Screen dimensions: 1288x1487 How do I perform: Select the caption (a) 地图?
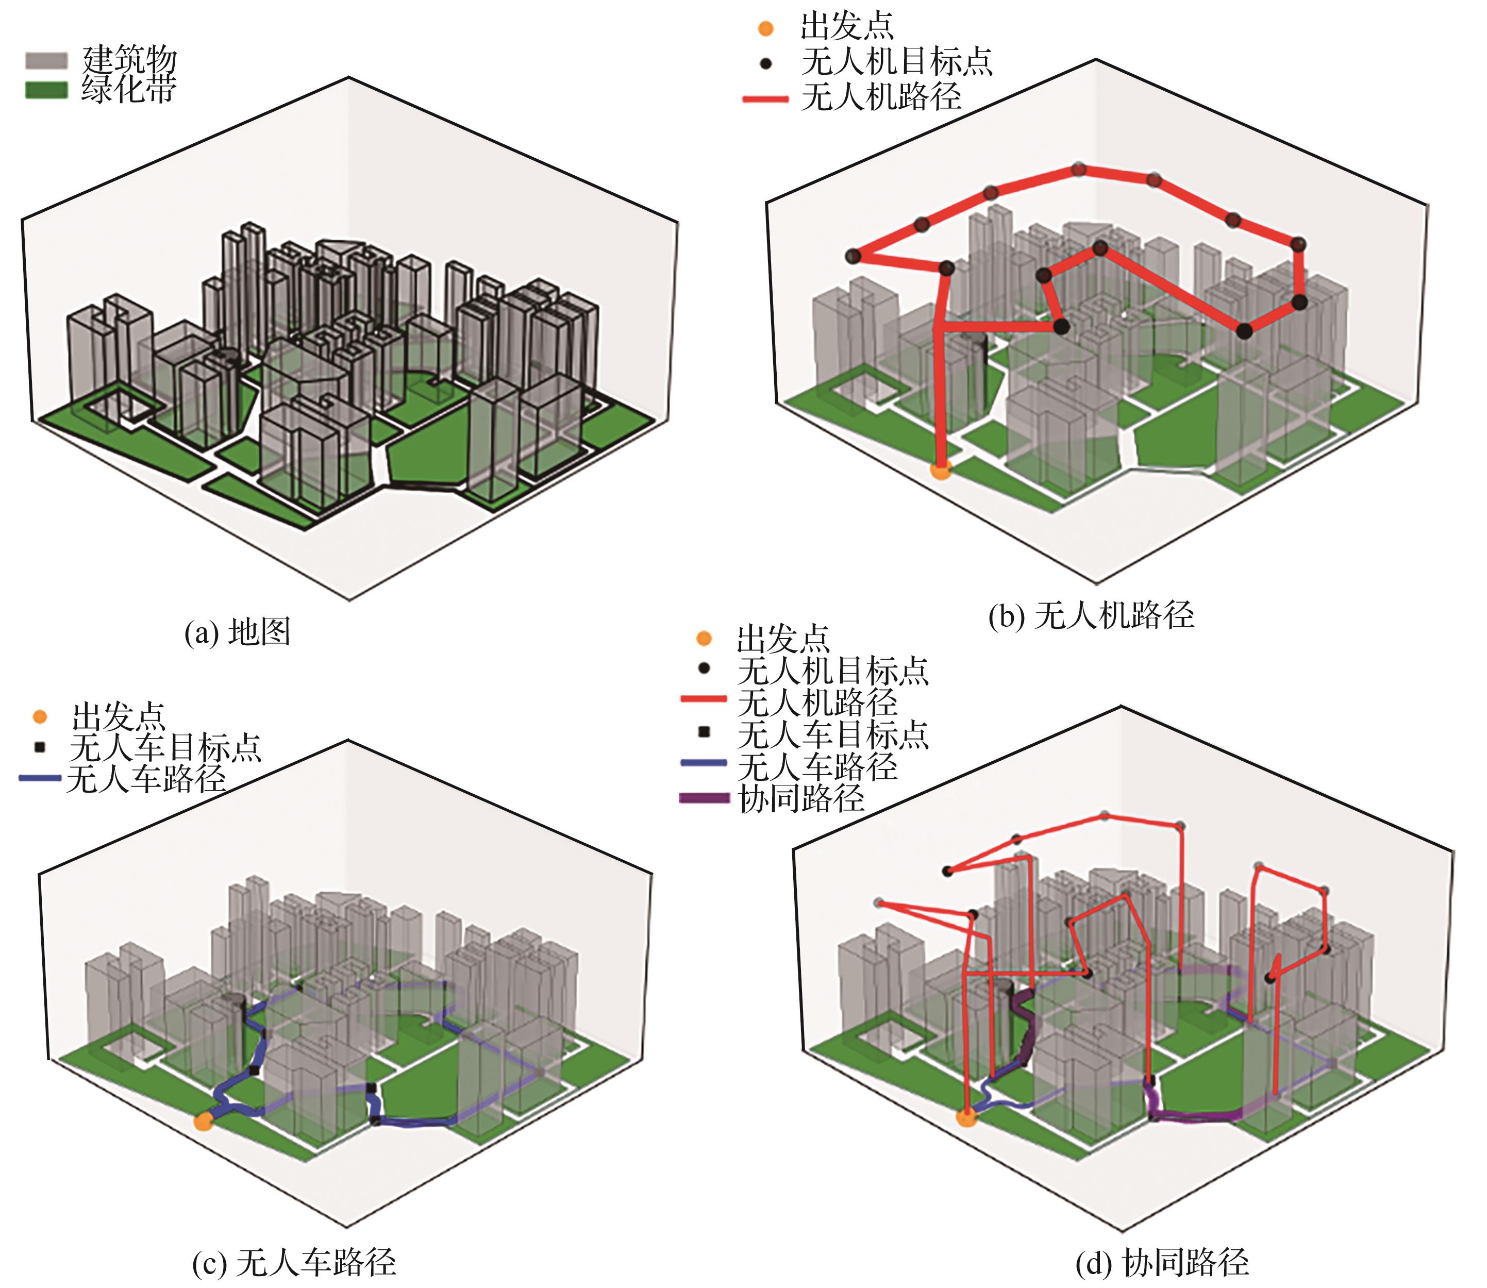[237, 632]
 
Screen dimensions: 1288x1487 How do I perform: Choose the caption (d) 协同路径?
[1162, 1262]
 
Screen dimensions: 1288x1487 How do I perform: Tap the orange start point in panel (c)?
[204, 1120]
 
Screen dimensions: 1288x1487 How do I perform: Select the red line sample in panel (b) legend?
[765, 98]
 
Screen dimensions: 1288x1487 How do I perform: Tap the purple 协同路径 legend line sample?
[705, 798]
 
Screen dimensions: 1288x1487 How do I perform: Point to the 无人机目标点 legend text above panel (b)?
[897, 62]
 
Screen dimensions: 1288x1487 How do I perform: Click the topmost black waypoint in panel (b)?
[1078, 170]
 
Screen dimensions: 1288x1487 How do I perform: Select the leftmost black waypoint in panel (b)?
[853, 256]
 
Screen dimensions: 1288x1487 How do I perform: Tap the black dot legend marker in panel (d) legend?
[705, 669]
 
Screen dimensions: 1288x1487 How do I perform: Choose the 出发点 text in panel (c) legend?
[119, 716]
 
